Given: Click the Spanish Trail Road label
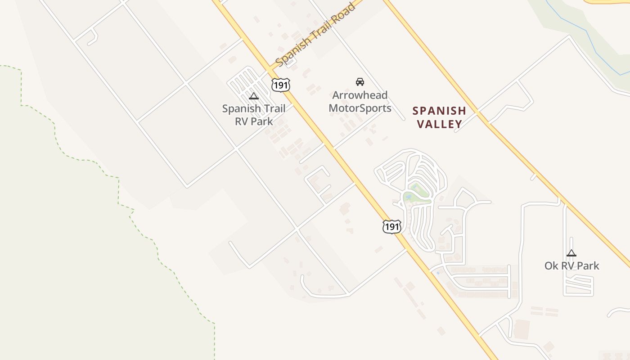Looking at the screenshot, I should pos(315,35).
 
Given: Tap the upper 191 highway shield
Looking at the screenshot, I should pos(280,85).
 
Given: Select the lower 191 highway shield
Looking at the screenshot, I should pos(392,226).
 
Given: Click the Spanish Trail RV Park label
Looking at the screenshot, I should pos(254,115).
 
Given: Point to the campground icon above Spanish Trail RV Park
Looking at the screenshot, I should pos(254,96).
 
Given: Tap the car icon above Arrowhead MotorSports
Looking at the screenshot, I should pos(360,81).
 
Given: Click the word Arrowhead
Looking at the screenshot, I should pos(360,95).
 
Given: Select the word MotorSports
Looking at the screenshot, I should pos(360,108).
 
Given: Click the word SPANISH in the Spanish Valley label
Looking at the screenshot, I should pos(439,111).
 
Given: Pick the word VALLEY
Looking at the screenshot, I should pos(439,124).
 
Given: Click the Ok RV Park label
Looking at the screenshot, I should pos(571,265).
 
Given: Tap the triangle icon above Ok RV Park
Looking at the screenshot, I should pos(571,253).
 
